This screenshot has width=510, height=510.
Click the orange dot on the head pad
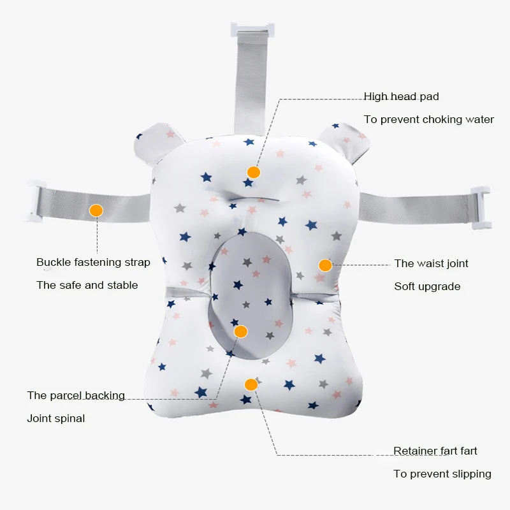[x=254, y=172]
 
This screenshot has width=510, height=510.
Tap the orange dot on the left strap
[x=96, y=210]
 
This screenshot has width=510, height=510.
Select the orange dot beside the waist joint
[x=325, y=265]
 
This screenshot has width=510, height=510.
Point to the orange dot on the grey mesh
[x=240, y=331]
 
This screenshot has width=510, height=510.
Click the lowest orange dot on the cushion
[x=251, y=384]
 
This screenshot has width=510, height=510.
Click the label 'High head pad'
[x=401, y=97]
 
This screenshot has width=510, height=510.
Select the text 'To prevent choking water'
[x=428, y=120]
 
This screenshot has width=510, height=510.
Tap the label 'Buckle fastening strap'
[x=93, y=263]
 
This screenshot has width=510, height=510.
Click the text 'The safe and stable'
[x=87, y=286]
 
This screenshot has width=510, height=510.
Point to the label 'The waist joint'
[x=431, y=263]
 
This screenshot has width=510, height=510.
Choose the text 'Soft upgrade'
[x=427, y=287]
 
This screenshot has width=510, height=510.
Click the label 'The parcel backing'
[x=76, y=396]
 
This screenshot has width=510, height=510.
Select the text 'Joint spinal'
[x=55, y=419]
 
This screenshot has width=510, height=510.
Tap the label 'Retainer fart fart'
[x=435, y=451]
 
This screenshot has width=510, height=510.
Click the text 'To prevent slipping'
[x=442, y=474]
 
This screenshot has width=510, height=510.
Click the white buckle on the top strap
[x=252, y=29]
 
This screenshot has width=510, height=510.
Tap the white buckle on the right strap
[x=479, y=208]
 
